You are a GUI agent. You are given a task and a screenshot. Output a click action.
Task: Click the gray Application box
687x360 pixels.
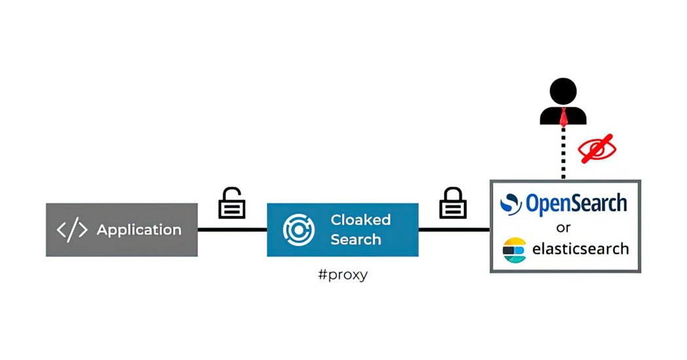click(x=121, y=229)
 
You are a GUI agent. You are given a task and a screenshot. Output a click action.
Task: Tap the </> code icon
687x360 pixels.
click(x=73, y=230)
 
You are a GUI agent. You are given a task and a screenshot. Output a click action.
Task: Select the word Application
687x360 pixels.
click(x=139, y=230)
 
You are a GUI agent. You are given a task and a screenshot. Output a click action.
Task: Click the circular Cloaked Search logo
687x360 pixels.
click(x=299, y=230)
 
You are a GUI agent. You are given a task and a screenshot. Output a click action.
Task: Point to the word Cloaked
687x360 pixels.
click(x=360, y=220)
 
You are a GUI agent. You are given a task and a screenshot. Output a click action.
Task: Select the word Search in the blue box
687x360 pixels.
click(x=355, y=240)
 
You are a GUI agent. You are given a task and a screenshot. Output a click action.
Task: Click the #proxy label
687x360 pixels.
click(x=342, y=274)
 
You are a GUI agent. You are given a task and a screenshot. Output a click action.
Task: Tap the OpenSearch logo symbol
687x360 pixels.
click(x=511, y=204)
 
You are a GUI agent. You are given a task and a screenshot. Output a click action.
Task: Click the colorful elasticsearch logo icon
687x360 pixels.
click(x=514, y=250)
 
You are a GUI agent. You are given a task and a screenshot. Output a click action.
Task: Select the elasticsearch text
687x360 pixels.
click(x=580, y=249)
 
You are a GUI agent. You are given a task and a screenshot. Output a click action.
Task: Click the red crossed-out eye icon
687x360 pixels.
click(x=597, y=149)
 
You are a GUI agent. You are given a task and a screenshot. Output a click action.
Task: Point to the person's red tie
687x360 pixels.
click(x=563, y=117)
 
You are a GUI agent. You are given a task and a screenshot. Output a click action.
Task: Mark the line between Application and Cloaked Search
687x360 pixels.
click(x=232, y=230)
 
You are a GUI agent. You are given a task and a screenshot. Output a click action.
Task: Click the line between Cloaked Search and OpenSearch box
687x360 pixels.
click(x=454, y=230)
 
